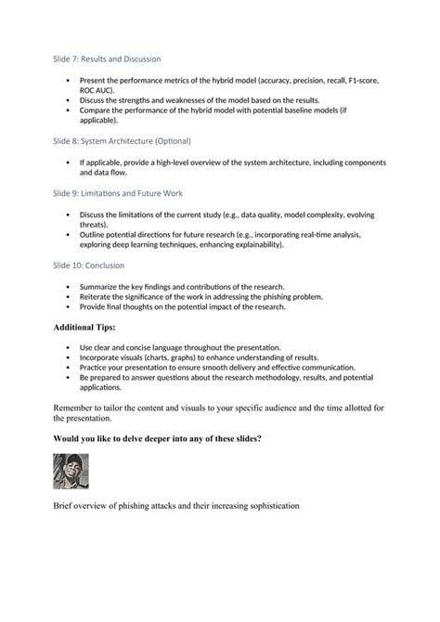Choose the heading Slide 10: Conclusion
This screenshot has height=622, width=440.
click(x=95, y=265)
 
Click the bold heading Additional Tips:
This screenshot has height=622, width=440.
click(x=90, y=328)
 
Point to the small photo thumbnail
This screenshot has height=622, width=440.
click(x=71, y=471)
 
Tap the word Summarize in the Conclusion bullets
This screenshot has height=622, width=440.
click(x=102, y=286)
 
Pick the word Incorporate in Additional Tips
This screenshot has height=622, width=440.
click(x=103, y=357)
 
